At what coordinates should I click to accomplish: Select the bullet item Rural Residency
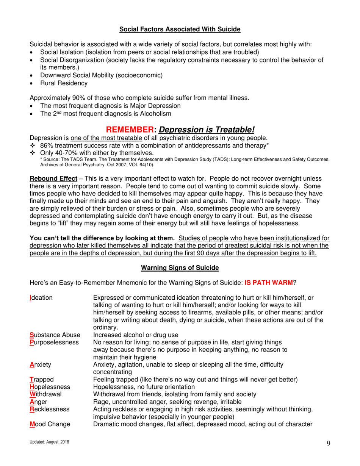pyautogui.click(x=64, y=83)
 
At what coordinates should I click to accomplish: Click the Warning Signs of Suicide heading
pyautogui.click(x=180, y=268)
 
